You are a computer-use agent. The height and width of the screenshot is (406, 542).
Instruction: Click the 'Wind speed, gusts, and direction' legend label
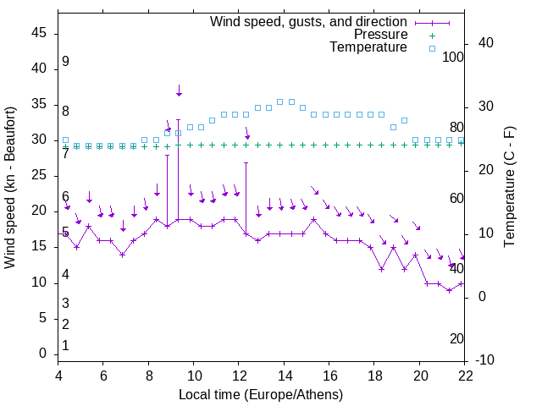click(x=308, y=21)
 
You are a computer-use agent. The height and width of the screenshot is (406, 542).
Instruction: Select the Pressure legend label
click(x=380, y=35)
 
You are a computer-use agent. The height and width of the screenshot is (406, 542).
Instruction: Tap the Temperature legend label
click(x=368, y=48)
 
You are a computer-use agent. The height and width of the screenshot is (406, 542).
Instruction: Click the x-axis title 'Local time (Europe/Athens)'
click(x=261, y=395)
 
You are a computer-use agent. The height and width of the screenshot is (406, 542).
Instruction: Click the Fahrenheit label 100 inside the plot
click(x=454, y=58)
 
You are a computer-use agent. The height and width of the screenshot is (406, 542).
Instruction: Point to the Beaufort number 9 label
click(x=65, y=62)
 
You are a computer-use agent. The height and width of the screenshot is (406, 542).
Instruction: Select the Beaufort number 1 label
click(x=65, y=345)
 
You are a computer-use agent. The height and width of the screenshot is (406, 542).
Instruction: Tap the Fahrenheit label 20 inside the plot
click(x=456, y=339)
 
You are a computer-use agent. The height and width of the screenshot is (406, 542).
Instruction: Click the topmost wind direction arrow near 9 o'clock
click(x=179, y=91)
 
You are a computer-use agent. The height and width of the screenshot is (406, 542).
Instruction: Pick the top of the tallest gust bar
click(x=179, y=120)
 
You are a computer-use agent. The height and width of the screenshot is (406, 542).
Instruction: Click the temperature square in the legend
click(x=432, y=48)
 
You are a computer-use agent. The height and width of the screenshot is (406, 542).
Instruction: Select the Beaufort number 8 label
click(x=65, y=111)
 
